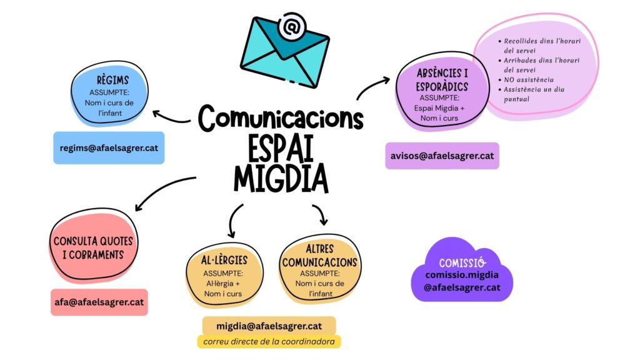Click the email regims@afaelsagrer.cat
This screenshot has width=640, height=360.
109,148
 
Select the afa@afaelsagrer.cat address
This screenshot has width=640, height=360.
99,302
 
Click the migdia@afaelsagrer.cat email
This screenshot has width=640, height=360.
269,326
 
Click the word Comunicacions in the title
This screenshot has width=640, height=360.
281,118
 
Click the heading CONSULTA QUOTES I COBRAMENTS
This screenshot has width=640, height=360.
93,247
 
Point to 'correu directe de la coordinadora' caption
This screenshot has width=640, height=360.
269,342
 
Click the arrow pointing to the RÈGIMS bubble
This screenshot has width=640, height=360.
170,117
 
